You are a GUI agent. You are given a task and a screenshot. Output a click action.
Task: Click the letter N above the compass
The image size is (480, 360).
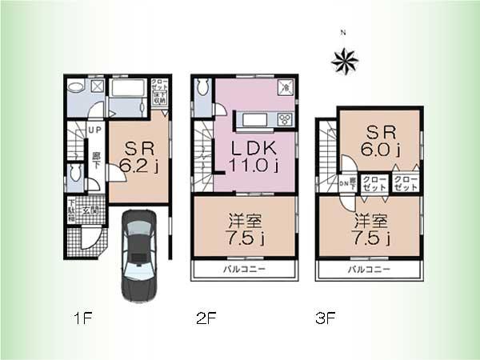point(342,34)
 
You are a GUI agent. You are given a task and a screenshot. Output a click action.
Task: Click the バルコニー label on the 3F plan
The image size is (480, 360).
point(369,270)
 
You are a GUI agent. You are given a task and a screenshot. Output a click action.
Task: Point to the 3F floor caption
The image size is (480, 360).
point(323,318)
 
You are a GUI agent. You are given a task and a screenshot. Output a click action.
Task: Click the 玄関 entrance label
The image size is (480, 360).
point(94,210)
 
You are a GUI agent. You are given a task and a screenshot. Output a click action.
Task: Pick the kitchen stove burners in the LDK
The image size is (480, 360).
point(285,120)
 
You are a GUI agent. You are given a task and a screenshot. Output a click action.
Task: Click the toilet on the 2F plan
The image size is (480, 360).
point(201,87)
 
